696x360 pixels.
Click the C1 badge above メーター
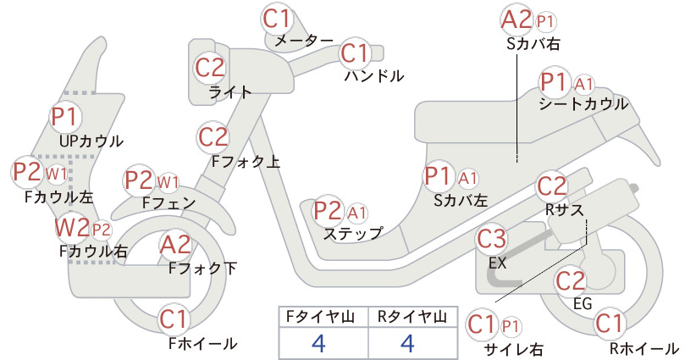pos(277,19)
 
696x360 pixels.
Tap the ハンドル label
pos(374,76)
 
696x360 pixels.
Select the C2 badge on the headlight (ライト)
pos(210,68)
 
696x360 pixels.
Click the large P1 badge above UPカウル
pos(65,117)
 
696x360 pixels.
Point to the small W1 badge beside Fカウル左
pos(57,174)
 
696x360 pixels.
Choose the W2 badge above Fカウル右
pos(72,228)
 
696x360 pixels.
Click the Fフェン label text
pos(168,202)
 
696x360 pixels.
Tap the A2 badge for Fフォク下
pos(175,245)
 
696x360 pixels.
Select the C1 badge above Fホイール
pos(174,319)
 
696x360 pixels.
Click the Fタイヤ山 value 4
pos(318,343)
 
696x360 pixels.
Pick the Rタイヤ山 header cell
pos(412,317)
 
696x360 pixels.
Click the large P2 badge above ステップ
pos(328,211)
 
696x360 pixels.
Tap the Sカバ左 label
pos(461,201)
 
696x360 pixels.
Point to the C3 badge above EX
pos(491,239)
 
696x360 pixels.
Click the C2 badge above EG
pos(571,281)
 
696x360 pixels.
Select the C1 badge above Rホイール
pos(610,324)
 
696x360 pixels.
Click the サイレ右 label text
pos(514,349)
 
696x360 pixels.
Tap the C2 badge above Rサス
pos(552,186)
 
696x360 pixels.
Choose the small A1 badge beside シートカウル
pos(584,84)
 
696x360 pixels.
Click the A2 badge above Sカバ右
pos(516,20)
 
